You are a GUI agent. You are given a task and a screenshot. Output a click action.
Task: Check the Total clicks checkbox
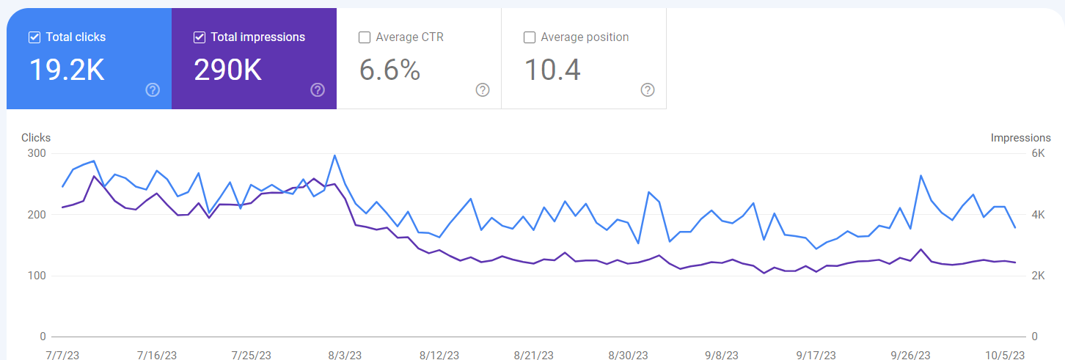[x=34, y=37]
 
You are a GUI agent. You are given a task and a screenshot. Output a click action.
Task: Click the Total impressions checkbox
[x=200, y=37]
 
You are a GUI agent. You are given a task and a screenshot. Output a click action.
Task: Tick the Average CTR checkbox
[x=365, y=37]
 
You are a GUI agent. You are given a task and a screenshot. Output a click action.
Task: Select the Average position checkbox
[x=529, y=37]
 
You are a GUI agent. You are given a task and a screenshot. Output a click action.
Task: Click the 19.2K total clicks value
[x=67, y=70]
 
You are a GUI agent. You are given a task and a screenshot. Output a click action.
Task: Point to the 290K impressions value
[x=227, y=70]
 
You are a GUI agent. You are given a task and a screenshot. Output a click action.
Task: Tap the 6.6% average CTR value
[x=390, y=70]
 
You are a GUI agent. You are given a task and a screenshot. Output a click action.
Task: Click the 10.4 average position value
[x=552, y=70]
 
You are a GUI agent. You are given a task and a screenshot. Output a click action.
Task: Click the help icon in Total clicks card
[x=153, y=90]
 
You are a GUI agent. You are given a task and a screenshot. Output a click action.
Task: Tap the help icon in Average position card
[x=648, y=90]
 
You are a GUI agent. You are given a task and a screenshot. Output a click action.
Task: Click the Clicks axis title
[x=36, y=138]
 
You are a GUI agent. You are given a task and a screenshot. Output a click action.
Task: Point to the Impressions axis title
[x=1020, y=138]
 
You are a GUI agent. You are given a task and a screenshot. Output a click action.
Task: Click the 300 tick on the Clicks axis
[x=37, y=153]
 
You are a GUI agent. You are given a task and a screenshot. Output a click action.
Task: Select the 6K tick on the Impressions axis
[x=1039, y=153]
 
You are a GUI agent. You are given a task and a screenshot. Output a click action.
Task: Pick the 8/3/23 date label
[x=345, y=356]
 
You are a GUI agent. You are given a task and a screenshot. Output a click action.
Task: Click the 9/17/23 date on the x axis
[x=816, y=356]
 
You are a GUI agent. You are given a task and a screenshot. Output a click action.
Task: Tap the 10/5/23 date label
[x=1005, y=356]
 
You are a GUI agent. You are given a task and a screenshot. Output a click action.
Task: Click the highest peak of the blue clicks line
[x=334, y=155]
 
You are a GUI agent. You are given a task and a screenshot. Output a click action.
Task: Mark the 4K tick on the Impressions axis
[x=1039, y=215]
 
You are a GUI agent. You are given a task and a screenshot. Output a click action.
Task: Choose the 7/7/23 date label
[x=62, y=356]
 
